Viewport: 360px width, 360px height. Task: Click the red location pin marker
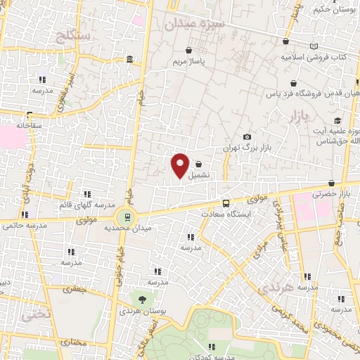(x=180, y=165)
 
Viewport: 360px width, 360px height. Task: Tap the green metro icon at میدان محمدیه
(x=127, y=217)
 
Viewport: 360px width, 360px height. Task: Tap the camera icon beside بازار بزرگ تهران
(x=246, y=136)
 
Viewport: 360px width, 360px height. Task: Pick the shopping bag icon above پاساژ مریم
(x=190, y=51)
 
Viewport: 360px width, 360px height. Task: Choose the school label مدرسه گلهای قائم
(x=86, y=205)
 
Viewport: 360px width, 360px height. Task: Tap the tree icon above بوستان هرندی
(x=143, y=300)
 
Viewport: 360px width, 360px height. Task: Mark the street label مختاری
(x=71, y=343)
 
